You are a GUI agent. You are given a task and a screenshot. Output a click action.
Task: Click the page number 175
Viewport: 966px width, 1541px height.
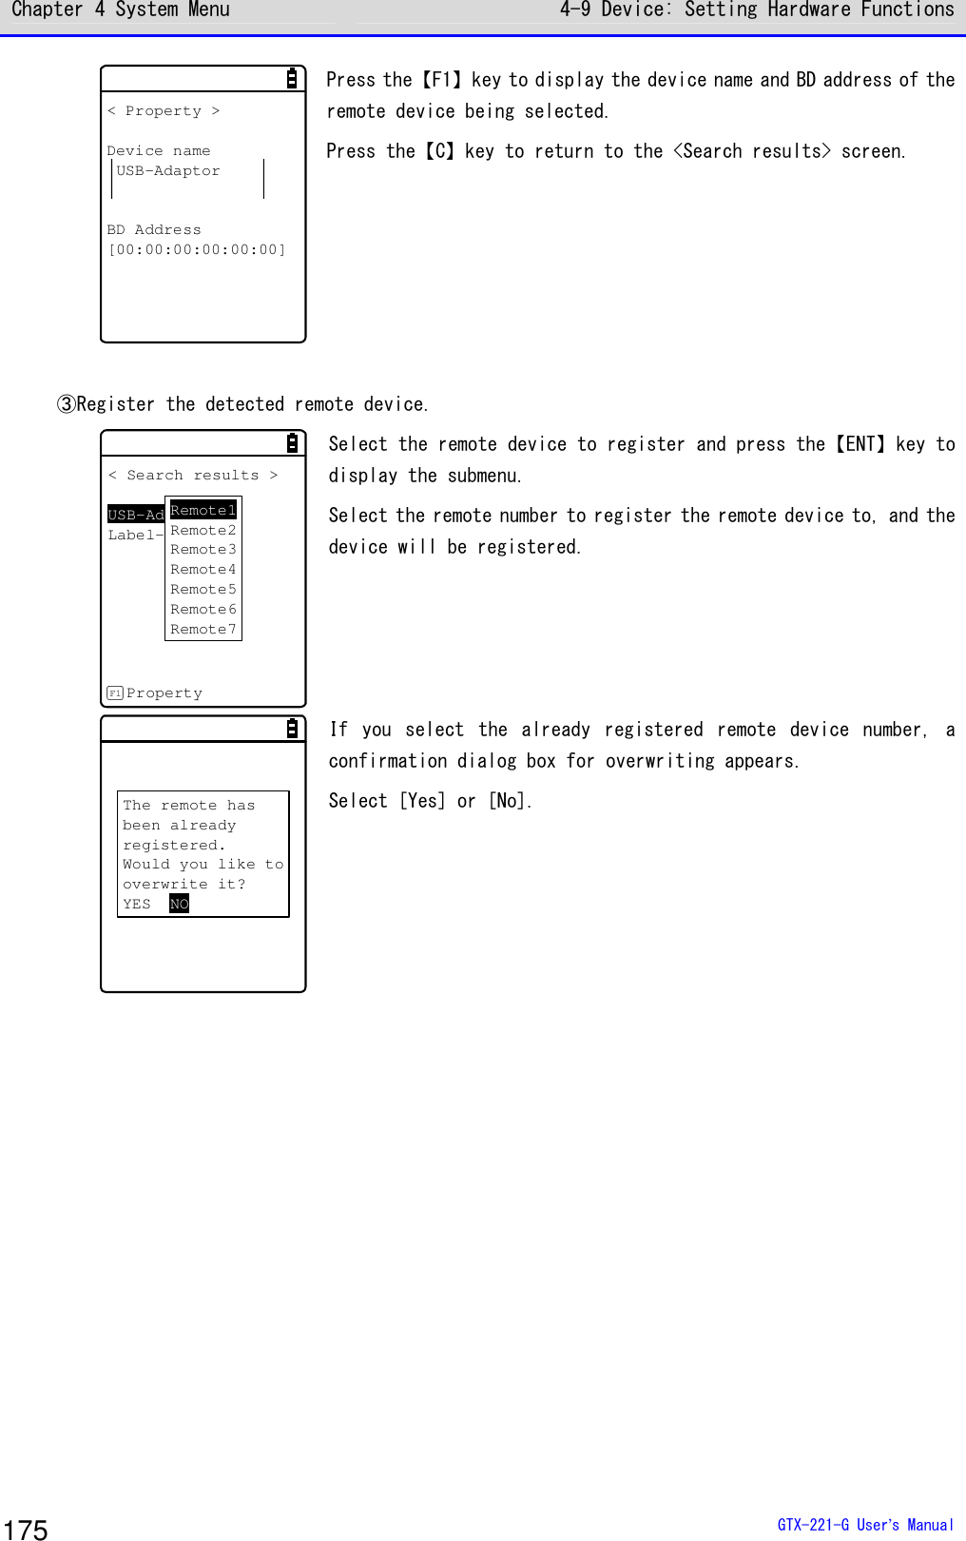pyautogui.click(x=26, y=1529)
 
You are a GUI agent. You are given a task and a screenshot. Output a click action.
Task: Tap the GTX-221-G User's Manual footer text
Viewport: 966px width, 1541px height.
pyautogui.click(x=864, y=1524)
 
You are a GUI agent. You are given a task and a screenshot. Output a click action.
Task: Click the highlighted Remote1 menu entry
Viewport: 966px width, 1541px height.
pyautogui.click(x=203, y=510)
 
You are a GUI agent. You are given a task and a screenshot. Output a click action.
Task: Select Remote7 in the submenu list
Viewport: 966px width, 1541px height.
pyautogui.click(x=203, y=629)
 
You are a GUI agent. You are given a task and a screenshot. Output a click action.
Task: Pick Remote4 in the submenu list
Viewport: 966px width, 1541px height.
pyautogui.click(x=203, y=569)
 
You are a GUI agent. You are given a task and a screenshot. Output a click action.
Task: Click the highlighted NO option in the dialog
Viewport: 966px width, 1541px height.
pyautogui.click(x=179, y=904)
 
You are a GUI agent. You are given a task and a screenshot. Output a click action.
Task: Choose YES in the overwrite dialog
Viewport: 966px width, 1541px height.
pyautogui.click(x=137, y=904)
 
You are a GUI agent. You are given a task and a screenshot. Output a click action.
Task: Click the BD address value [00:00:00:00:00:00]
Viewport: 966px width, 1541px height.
pyautogui.click(x=197, y=249)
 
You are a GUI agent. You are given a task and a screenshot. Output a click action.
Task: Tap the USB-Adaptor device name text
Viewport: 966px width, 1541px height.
pyautogui.click(x=168, y=171)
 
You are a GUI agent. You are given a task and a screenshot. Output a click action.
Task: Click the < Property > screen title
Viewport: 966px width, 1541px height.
pyautogui.click(x=164, y=111)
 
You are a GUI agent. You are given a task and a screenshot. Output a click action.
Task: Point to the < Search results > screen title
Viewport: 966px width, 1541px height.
pyautogui.click(x=193, y=475)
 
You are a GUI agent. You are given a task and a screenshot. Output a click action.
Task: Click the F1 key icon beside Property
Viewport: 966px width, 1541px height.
pyautogui.click(x=115, y=692)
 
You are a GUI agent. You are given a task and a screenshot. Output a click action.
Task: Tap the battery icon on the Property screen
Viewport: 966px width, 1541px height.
pyautogui.click(x=292, y=79)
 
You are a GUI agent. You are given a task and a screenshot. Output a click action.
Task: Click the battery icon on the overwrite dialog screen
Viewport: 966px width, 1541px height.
pyautogui.click(x=292, y=729)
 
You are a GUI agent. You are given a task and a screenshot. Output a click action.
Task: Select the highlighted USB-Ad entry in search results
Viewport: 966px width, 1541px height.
pyautogui.click(x=136, y=515)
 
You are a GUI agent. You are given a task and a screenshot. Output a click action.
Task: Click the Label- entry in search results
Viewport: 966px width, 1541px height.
pyautogui.click(x=135, y=535)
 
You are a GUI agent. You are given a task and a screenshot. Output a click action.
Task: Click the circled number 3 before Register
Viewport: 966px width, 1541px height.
pyautogui.click(x=67, y=404)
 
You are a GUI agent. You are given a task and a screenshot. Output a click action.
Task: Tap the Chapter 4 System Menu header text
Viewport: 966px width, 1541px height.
pyautogui.click(x=121, y=10)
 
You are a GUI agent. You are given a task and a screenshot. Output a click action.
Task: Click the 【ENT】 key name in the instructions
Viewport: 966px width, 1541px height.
pyautogui.click(x=860, y=444)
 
